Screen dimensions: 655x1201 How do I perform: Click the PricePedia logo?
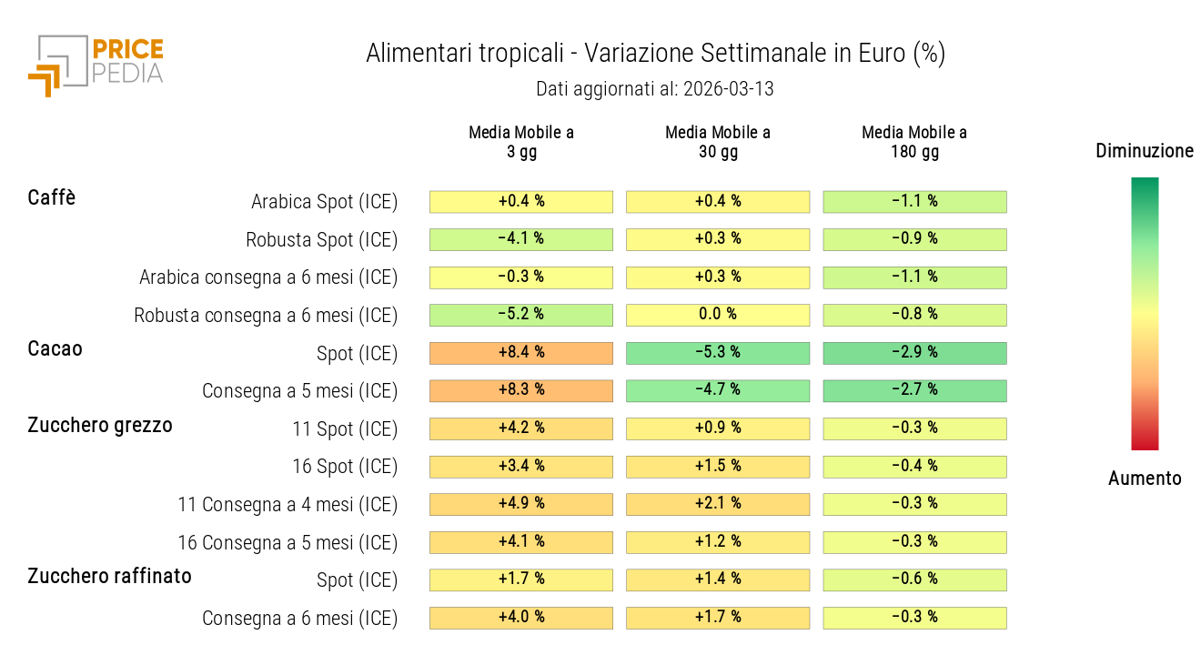click(x=96, y=64)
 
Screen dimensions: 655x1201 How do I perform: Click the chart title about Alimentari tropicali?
click(x=655, y=54)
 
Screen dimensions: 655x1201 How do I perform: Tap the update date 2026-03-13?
click(x=655, y=89)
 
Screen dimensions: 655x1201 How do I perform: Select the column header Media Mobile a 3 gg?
click(x=521, y=142)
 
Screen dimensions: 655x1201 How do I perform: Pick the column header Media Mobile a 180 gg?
click(x=914, y=142)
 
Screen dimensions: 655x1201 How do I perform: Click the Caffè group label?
click(x=52, y=197)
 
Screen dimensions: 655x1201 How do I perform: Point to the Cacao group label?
click(x=55, y=348)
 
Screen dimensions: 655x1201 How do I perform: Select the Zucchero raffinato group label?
click(x=109, y=576)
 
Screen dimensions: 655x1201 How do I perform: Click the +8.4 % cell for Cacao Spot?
click(x=521, y=353)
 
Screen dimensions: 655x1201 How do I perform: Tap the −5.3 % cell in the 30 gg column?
click(x=718, y=353)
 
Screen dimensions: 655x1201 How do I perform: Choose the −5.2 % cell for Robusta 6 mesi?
click(x=521, y=315)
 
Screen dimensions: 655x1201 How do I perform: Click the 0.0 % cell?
click(x=718, y=315)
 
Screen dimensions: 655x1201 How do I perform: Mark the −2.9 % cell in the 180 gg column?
click(x=914, y=353)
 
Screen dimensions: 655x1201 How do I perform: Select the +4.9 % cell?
click(x=521, y=504)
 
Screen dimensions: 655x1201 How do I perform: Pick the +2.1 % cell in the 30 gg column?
click(x=718, y=504)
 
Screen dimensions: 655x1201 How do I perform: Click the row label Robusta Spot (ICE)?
click(x=322, y=240)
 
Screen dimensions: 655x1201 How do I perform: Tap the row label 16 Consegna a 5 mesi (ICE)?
click(x=288, y=543)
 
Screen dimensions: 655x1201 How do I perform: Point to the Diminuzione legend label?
click(x=1145, y=151)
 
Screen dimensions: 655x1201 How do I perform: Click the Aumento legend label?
click(x=1145, y=479)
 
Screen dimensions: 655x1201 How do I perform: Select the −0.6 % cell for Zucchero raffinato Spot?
click(x=914, y=579)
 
